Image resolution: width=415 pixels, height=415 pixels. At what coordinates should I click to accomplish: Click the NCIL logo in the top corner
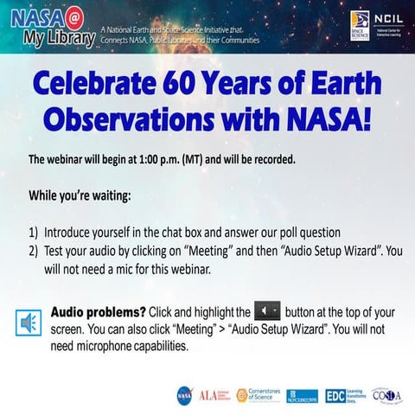click(x=386, y=22)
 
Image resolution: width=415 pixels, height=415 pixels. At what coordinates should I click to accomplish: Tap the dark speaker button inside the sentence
click(x=268, y=310)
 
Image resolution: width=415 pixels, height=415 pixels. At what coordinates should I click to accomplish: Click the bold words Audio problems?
click(x=99, y=311)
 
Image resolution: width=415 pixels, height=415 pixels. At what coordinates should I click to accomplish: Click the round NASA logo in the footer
click(x=184, y=394)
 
